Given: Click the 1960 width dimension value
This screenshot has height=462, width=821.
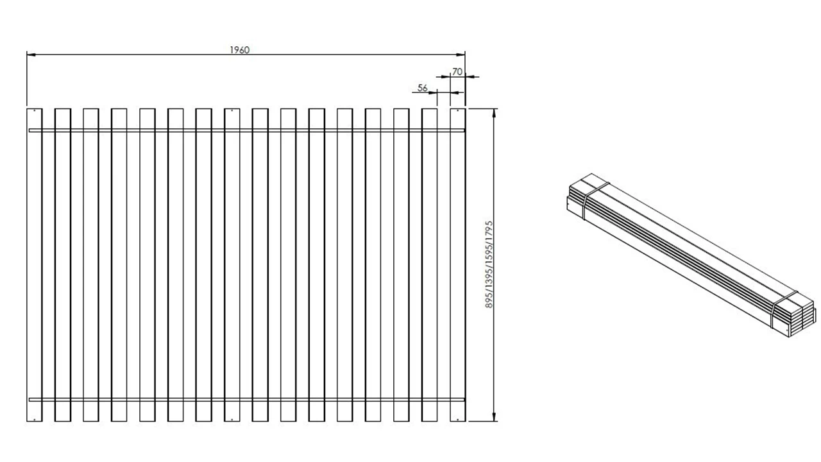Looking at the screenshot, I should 239,50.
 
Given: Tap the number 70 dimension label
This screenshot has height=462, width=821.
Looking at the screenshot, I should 457,72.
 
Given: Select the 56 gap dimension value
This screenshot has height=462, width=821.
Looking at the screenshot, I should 422,88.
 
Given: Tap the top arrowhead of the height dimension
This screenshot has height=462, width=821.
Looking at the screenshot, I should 494,112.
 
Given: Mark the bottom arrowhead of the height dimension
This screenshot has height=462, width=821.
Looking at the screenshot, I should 494,418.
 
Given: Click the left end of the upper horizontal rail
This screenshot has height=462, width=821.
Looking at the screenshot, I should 31,131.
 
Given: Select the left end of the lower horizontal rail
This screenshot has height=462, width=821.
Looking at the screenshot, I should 31,399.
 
